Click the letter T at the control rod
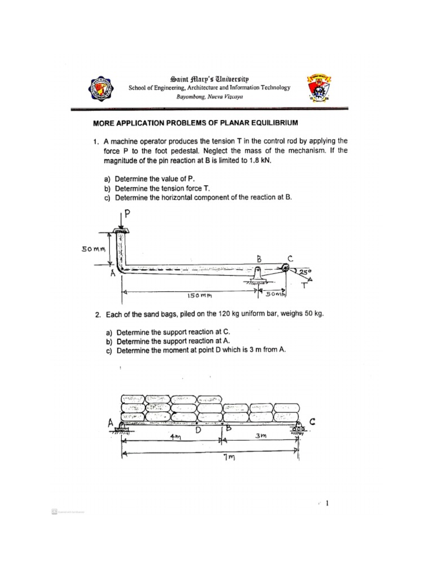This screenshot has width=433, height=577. [x=305, y=286]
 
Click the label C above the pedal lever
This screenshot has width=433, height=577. [x=290, y=258]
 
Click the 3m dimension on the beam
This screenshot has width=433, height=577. [x=260, y=436]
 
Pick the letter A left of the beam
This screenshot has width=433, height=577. [x=111, y=421]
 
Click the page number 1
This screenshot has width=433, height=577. [x=327, y=504]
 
